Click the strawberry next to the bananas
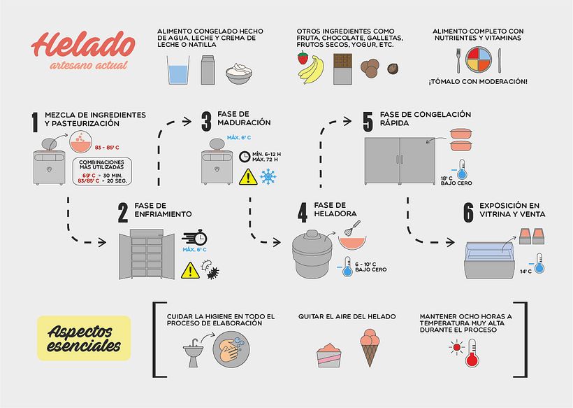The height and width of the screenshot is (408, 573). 303,58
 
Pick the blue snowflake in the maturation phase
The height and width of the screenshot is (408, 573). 268,177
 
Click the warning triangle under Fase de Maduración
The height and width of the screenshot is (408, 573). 247,177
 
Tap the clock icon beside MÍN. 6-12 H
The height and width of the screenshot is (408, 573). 244,157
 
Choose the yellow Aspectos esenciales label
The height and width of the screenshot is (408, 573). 83,338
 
